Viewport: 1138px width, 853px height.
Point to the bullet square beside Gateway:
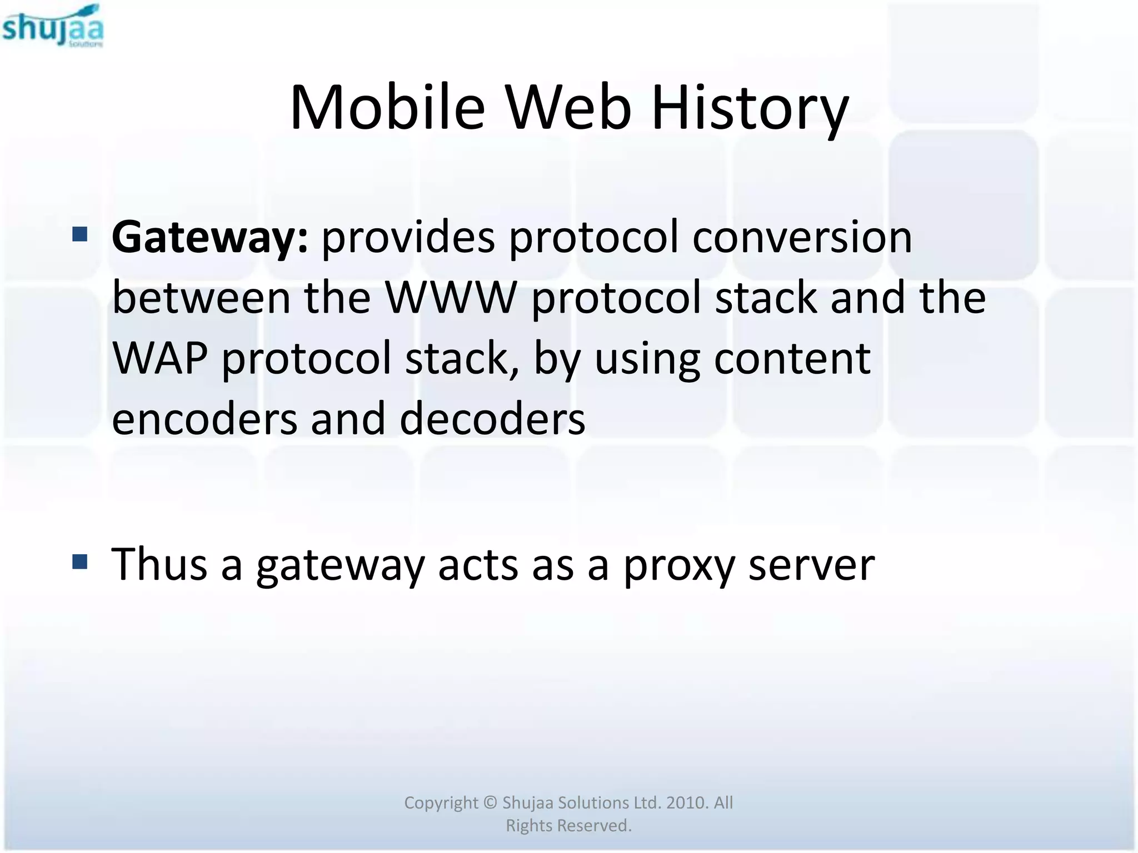80,234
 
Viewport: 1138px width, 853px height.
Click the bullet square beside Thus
80,561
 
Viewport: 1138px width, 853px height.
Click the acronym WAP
160,359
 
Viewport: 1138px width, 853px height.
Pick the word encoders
204,419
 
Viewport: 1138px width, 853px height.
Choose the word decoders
492,419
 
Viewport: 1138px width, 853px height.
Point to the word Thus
160,565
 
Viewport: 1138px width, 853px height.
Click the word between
201,298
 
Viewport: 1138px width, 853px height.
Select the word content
792,359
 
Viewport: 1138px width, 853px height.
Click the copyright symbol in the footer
490,803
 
